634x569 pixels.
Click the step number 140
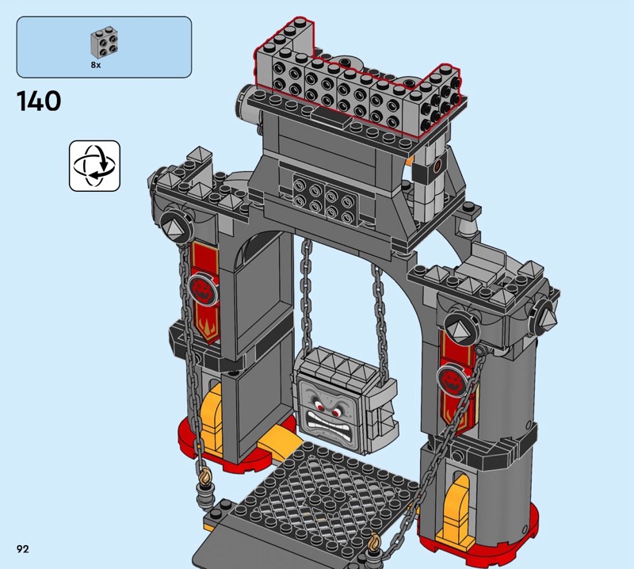pyautogui.click(x=39, y=101)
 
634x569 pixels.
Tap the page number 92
pyautogui.click(x=23, y=548)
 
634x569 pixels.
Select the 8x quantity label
pyautogui.click(x=96, y=65)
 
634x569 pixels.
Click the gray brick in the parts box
pyautogui.click(x=105, y=43)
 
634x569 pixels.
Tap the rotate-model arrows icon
pyautogui.click(x=94, y=166)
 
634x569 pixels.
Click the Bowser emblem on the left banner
pyautogui.click(x=203, y=288)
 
